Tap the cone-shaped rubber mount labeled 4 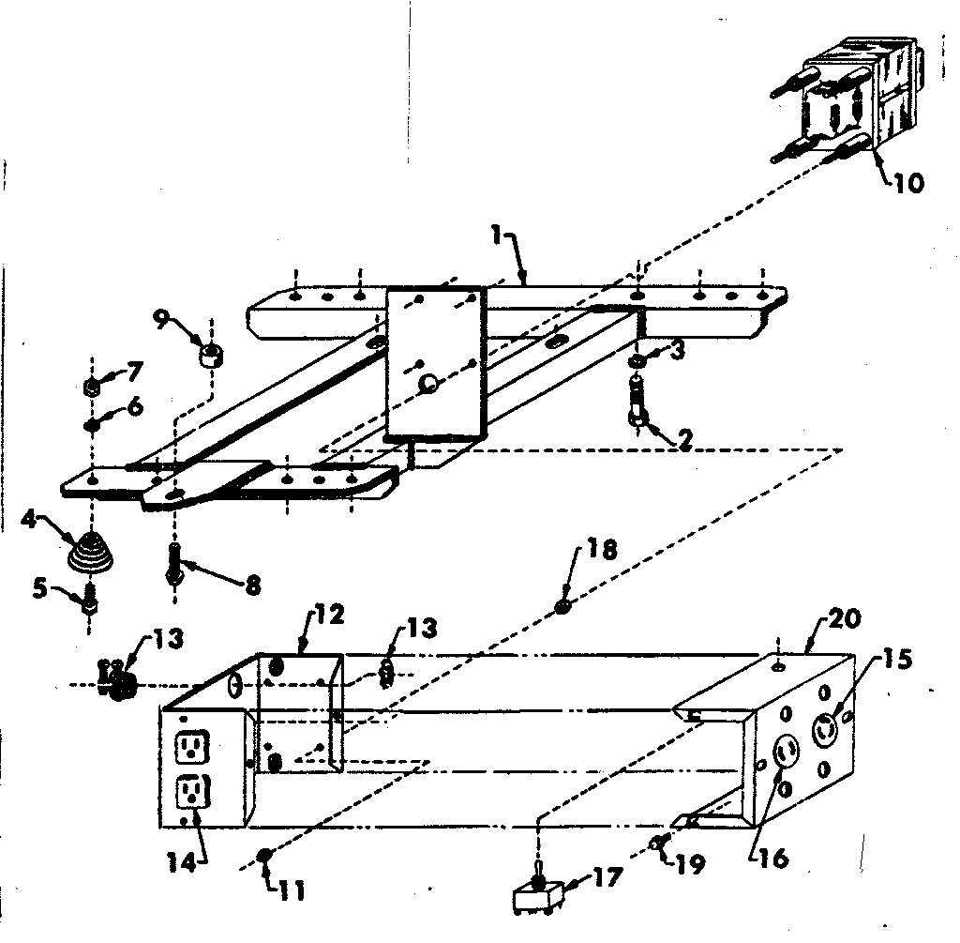pos(92,550)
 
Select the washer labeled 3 pos(637,361)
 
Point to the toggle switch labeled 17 pos(536,895)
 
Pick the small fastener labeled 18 pos(562,607)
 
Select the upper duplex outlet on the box pos(192,747)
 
